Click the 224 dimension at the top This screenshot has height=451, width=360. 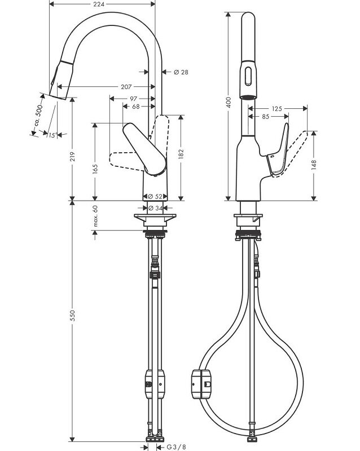pos(99,4)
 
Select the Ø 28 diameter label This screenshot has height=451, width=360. pos(181,72)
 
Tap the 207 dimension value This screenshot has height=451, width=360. pos(126,87)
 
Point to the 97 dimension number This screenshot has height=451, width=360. pos(133,99)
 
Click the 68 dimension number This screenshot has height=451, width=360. pos(135,107)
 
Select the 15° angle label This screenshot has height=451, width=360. pos(52,135)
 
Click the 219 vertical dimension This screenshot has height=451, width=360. pos(73,156)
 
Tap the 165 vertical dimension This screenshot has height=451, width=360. pos(95,169)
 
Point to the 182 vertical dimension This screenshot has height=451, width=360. pos(181,154)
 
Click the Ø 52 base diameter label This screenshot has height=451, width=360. pos(155,196)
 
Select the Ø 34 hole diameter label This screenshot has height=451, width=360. pos(156,208)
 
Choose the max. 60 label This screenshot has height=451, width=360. pos(95,216)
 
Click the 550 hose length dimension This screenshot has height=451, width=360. pos(73,316)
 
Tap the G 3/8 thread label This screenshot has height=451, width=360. pos(176,447)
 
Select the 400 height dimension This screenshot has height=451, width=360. pos(229,102)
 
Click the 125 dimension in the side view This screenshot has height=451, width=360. pos(276,109)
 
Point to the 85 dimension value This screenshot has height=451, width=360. pos(266,117)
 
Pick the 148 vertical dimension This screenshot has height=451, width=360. pos(314,165)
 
